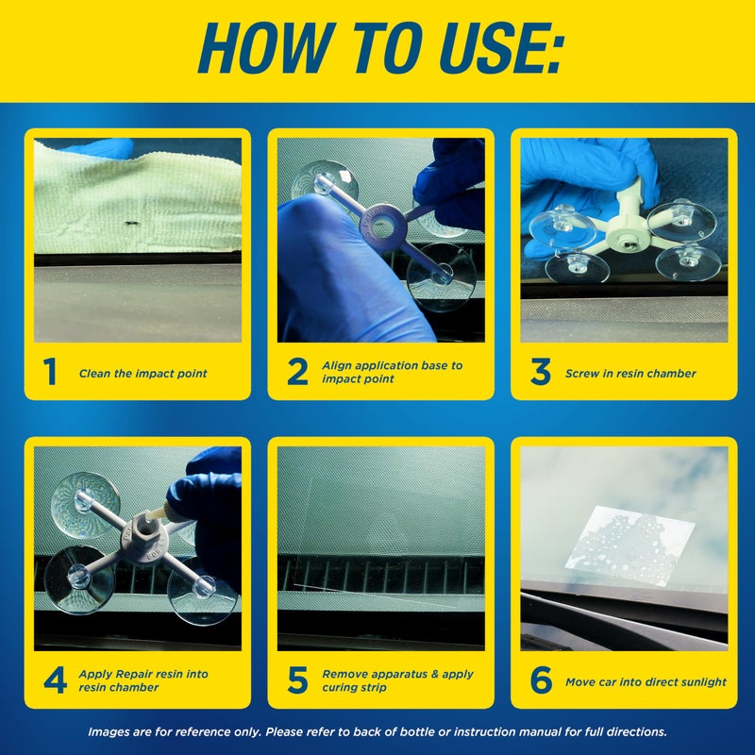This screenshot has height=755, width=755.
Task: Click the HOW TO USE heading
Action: click(x=377, y=47)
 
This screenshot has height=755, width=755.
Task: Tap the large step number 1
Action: click(x=54, y=372)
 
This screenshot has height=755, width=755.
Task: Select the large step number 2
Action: click(x=297, y=372)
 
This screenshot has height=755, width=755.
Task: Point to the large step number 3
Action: click(x=540, y=372)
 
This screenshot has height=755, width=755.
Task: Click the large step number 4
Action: click(x=55, y=680)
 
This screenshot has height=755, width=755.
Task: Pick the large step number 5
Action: click(x=297, y=680)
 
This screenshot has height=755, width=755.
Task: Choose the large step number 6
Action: click(x=540, y=680)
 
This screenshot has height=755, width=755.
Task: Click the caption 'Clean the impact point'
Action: click(x=143, y=374)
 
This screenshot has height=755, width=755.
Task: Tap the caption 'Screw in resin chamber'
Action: click(x=630, y=374)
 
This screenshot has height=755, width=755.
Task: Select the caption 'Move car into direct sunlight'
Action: click(x=646, y=681)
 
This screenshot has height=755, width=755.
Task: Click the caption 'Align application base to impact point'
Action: click(x=392, y=372)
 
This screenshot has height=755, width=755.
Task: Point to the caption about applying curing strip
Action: click(x=396, y=680)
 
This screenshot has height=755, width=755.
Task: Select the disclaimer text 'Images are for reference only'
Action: click(x=377, y=731)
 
